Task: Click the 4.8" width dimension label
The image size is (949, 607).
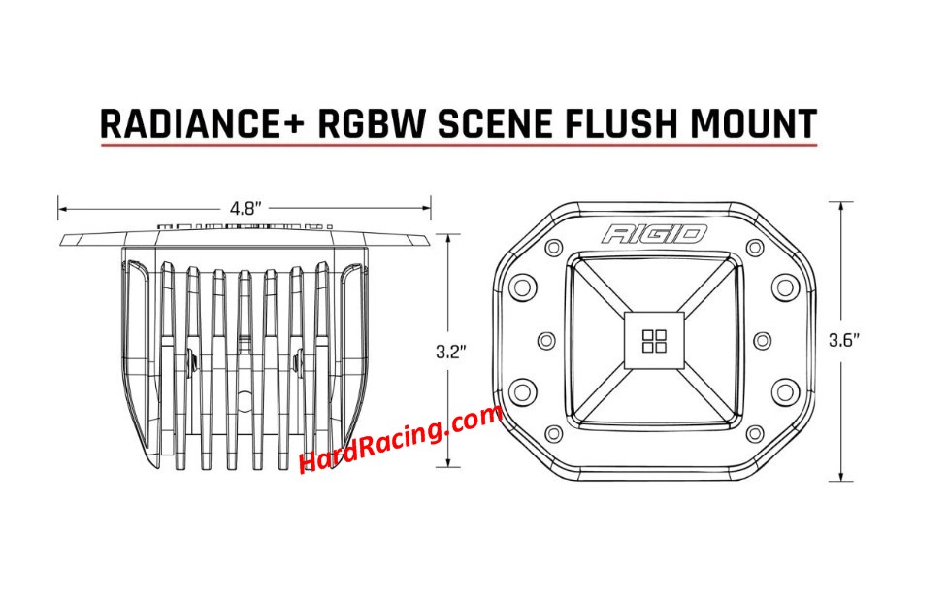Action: click(x=245, y=209)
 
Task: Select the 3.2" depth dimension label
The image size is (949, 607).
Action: click(x=451, y=352)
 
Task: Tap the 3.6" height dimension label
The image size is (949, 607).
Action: click(x=844, y=341)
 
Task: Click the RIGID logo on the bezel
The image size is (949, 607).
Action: click(x=654, y=234)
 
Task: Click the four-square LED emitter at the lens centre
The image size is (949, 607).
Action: click(x=654, y=341)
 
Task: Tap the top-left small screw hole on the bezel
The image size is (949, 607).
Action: click(x=553, y=248)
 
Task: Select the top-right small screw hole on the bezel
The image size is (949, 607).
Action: click(x=755, y=248)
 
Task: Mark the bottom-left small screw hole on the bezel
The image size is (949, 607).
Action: click(x=553, y=434)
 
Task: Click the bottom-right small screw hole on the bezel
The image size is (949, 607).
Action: click(x=755, y=434)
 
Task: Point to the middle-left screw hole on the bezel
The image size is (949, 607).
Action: click(x=546, y=341)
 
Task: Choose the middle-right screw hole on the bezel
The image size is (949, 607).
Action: click(x=762, y=341)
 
